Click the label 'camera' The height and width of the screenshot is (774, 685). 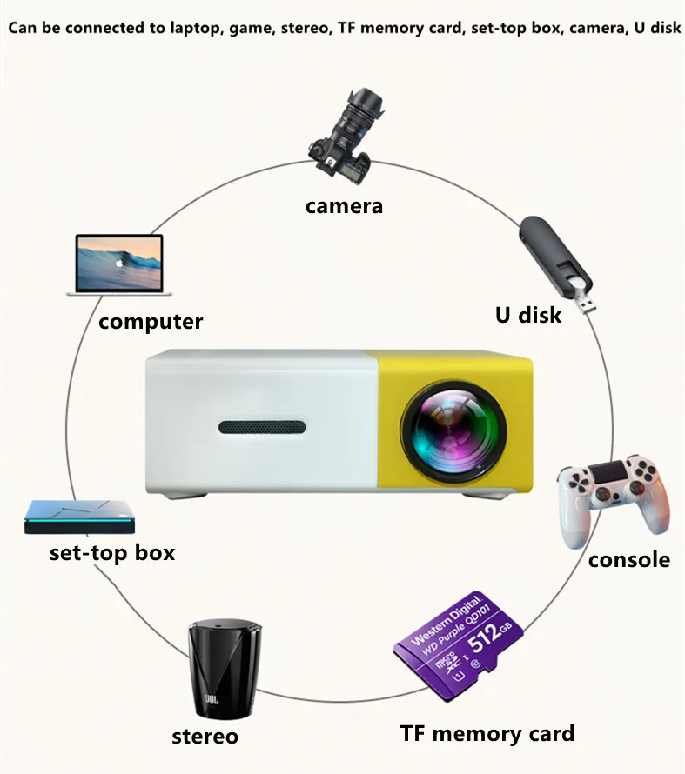coord(344,206)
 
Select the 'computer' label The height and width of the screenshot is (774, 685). coord(151,322)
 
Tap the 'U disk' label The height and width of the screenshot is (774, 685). coord(528,314)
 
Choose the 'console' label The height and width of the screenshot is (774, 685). coord(629,559)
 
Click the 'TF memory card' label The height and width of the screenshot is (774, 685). coord(487,733)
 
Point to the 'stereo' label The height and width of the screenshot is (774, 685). coord(205,737)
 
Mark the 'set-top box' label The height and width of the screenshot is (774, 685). coord(112,552)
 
